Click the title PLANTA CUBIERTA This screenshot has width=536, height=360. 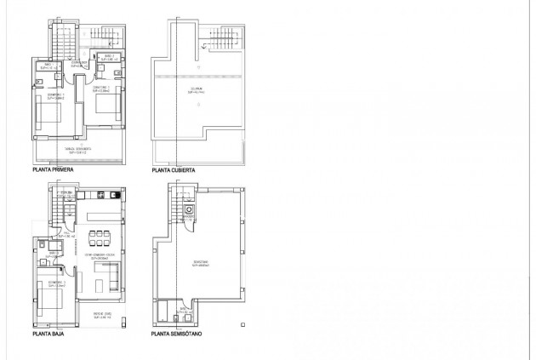click(x=173, y=170)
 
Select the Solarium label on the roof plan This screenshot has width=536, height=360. click(x=196, y=88)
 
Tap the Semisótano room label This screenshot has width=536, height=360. click(x=201, y=264)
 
